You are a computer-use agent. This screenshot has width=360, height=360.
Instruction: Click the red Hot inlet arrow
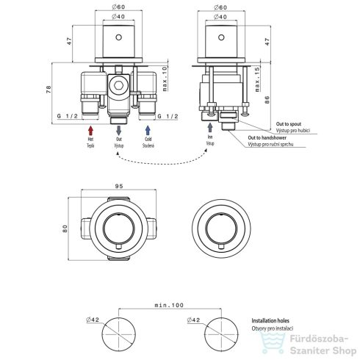tap(90, 130)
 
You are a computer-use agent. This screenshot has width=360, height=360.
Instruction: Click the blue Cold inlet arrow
tap(148, 130)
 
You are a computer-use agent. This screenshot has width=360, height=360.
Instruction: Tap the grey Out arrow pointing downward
tap(118, 131)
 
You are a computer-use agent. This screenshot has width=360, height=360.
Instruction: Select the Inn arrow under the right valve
tap(210, 127)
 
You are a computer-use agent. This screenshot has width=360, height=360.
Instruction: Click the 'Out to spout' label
tap(289, 124)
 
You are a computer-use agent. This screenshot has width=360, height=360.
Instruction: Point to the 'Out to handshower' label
tap(267, 138)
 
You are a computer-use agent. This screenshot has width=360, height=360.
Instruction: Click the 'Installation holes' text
tap(270, 320)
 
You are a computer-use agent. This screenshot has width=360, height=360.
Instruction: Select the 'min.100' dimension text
tap(169, 305)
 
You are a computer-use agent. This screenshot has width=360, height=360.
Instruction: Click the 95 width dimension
tap(119, 186)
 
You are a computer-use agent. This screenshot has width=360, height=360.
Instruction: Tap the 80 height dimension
tap(65, 228)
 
